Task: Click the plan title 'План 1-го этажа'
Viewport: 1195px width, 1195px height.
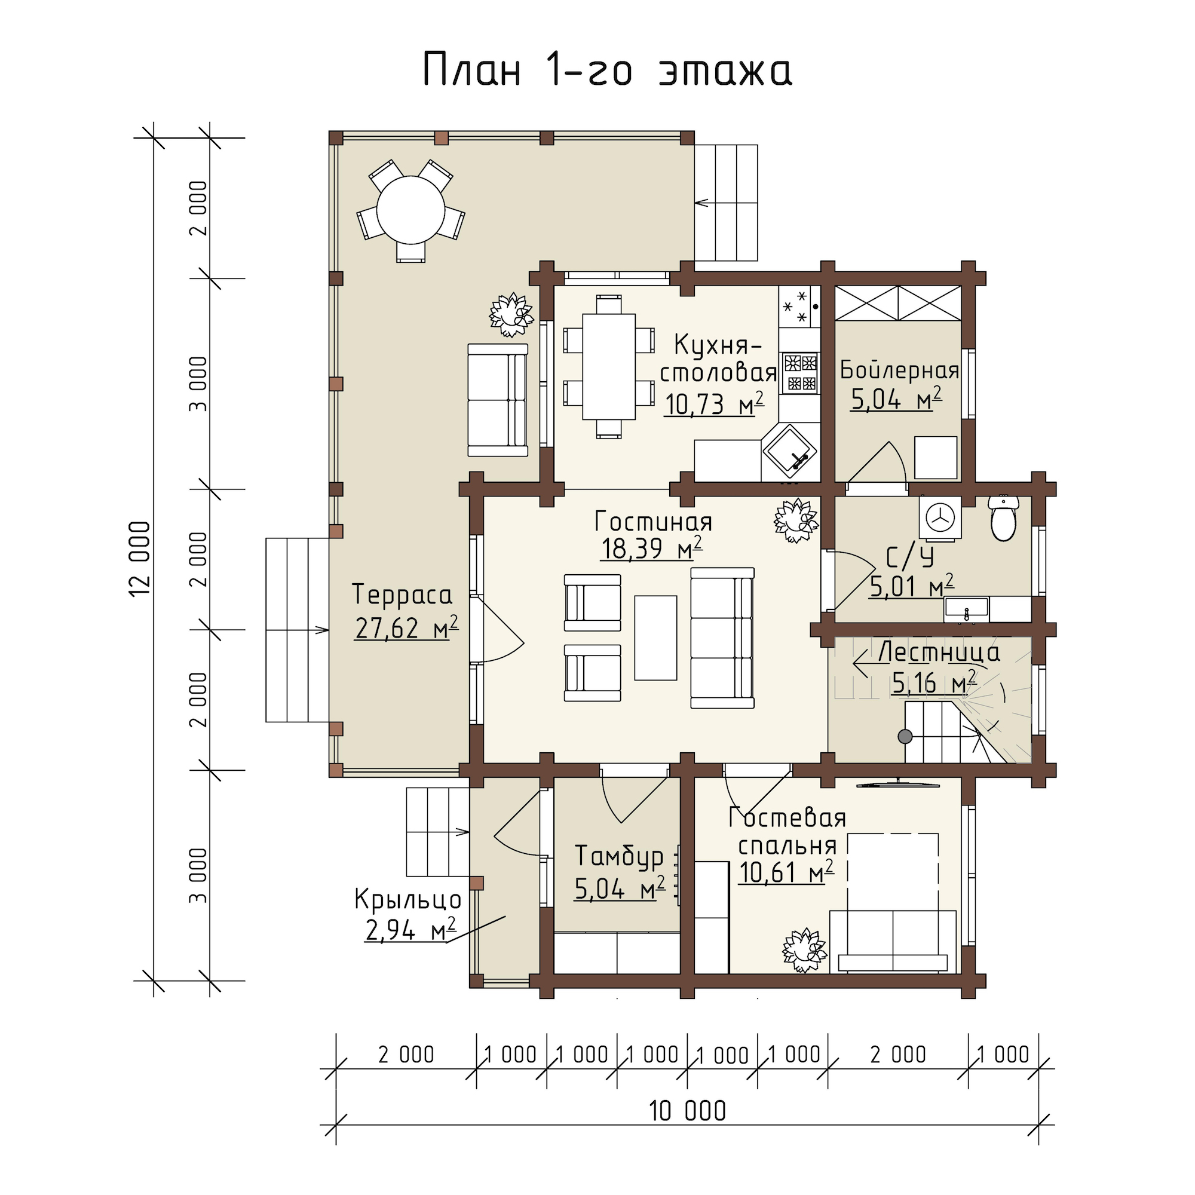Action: (608, 69)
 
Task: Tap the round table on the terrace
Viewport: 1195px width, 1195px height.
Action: (410, 210)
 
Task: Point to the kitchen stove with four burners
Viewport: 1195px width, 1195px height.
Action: (801, 373)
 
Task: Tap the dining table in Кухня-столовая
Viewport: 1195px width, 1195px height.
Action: (609, 367)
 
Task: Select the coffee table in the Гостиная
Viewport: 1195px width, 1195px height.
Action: (655, 638)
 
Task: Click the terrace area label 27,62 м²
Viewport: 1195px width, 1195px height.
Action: (406, 629)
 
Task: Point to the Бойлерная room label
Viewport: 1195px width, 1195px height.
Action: (899, 370)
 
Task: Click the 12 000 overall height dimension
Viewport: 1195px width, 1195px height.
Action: (141, 559)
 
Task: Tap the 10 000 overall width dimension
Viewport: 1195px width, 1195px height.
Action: (687, 1111)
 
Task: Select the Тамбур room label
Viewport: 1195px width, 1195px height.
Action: (619, 857)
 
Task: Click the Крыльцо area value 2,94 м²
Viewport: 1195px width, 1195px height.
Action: (410, 930)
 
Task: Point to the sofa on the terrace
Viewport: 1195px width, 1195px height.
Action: (498, 400)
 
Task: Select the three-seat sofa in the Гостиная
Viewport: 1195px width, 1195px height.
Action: (722, 638)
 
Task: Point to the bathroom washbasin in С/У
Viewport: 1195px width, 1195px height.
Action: (966, 610)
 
